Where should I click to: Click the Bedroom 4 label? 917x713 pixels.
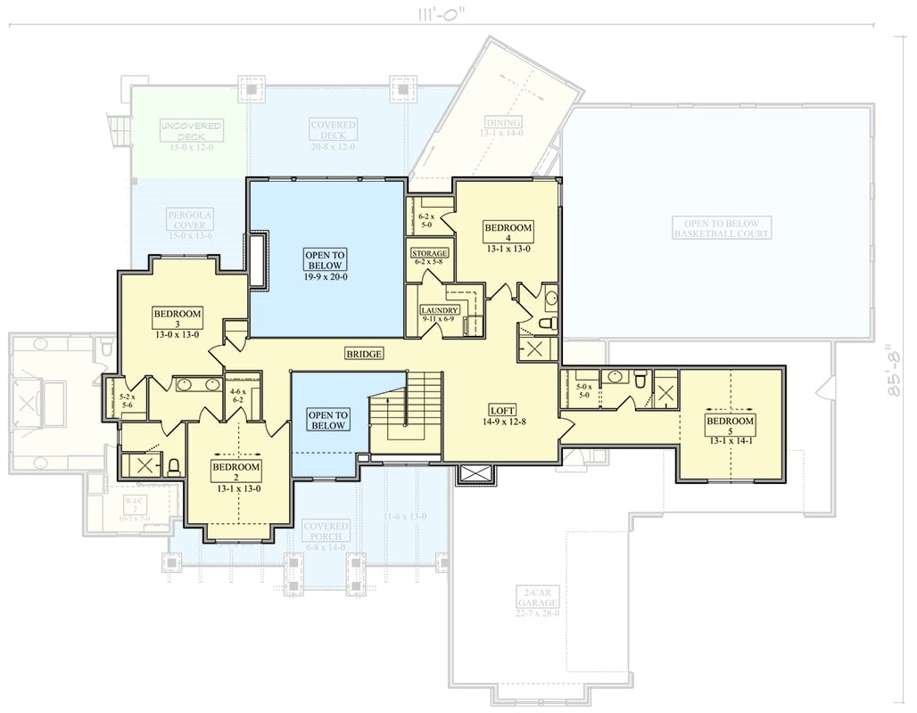click(508, 233)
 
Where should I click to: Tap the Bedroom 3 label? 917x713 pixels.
click(178, 318)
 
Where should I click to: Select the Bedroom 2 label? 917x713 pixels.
click(235, 472)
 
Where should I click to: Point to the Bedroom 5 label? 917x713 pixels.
click(730, 426)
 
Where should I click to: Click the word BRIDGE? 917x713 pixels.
click(364, 354)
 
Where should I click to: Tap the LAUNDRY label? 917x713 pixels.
click(440, 310)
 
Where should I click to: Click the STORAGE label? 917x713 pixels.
click(429, 254)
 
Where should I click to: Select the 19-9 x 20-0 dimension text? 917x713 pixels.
click(325, 276)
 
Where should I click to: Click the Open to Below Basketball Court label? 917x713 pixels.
click(722, 228)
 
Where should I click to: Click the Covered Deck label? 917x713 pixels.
click(333, 130)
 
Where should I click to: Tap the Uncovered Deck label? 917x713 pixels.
click(191, 131)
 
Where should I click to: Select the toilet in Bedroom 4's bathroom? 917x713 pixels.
click(549, 323)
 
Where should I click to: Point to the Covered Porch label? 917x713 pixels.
click(325, 531)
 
